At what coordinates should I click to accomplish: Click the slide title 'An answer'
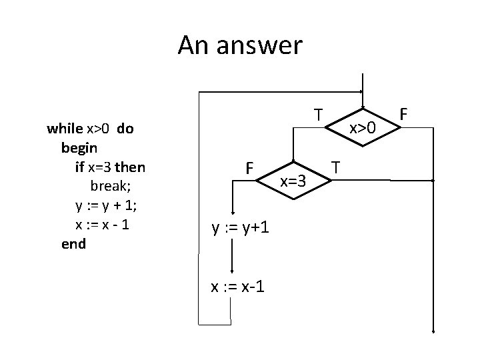click(240, 45)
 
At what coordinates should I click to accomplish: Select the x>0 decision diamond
click(363, 127)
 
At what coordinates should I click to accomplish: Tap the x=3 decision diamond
click(293, 180)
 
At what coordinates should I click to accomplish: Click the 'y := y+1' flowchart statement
click(240, 228)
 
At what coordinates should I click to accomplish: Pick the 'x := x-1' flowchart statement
click(237, 287)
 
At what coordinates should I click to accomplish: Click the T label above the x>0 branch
click(319, 115)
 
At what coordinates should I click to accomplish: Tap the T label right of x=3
click(337, 166)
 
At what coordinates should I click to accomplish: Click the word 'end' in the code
click(73, 243)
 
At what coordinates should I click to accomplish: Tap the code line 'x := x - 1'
click(102, 224)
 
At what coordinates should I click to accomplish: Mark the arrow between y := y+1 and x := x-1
click(231, 257)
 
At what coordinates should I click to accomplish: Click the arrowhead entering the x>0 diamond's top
click(362, 92)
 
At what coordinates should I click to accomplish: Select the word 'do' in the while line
click(125, 129)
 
